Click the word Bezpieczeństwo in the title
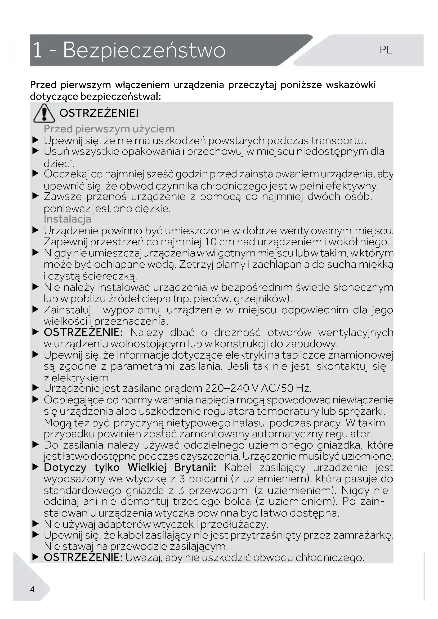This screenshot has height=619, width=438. click(144, 51)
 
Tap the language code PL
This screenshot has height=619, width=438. click(386, 50)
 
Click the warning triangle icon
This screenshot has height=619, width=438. click(44, 113)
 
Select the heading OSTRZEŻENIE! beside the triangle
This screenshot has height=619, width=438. click(99, 113)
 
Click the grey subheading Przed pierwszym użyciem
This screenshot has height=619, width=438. click(109, 129)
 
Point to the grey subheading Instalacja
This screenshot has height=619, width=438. click(68, 219)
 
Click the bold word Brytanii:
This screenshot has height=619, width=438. click(195, 467)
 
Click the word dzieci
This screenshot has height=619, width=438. click(59, 163)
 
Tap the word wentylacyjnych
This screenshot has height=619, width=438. click(355, 332)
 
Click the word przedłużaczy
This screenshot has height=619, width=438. click(234, 524)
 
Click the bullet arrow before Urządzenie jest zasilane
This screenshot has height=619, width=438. click(35, 388)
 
